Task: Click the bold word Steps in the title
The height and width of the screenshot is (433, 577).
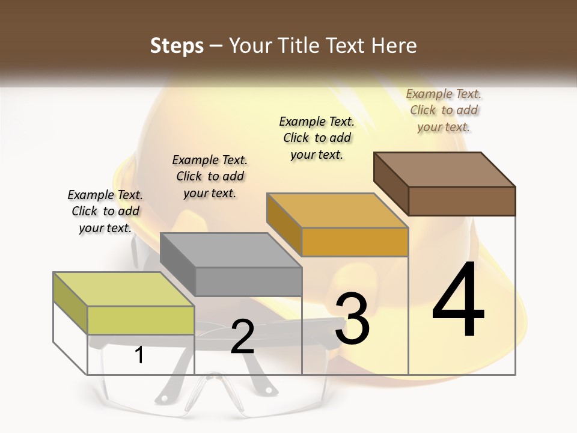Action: pyautogui.click(x=177, y=46)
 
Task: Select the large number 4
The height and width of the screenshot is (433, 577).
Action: pyautogui.click(x=459, y=301)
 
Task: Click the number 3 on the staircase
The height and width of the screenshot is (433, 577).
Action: pyautogui.click(x=352, y=319)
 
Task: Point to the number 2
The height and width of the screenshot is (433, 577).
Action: pyautogui.click(x=242, y=337)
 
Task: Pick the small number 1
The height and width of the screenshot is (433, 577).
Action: pyautogui.click(x=139, y=355)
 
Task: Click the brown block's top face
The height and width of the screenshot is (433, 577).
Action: pyautogui.click(x=445, y=169)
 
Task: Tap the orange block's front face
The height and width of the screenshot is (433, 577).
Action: pyautogui.click(x=355, y=242)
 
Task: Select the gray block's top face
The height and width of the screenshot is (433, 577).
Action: pyautogui.click(x=231, y=250)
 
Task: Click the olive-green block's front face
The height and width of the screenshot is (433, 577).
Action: pyautogui.click(x=141, y=320)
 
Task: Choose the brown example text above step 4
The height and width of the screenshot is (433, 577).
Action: pyautogui.click(x=444, y=110)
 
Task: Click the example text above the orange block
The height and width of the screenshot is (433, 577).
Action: pyautogui.click(x=317, y=138)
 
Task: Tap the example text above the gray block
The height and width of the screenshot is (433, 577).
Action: pyautogui.click(x=210, y=176)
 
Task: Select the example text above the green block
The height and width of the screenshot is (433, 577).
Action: pyautogui.click(x=105, y=211)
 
